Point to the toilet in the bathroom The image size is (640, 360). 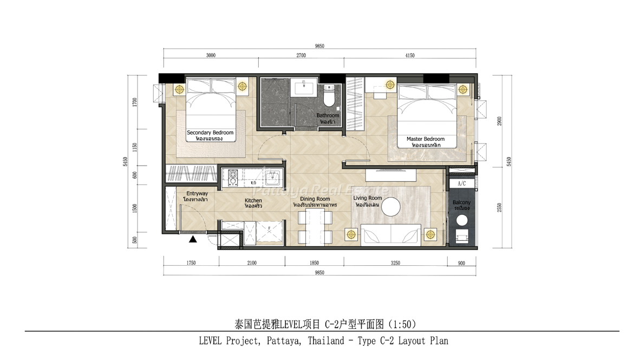[329, 95]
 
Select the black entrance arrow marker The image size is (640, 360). [193, 239]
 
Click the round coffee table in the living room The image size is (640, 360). [391, 207]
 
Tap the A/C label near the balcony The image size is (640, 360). [462, 184]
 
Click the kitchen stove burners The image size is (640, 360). [233, 178]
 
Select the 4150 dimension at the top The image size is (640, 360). [409, 56]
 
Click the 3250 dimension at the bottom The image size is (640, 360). [395, 263]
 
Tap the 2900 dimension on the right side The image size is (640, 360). [500, 121]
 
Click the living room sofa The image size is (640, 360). [391, 234]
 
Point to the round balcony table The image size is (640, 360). [462, 220]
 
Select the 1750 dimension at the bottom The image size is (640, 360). [191, 263]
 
